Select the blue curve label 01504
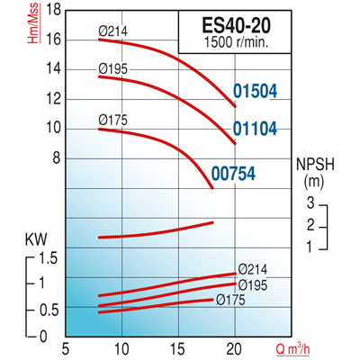pos(256,90)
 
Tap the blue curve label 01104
pos(256,130)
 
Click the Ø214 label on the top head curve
pos(113,32)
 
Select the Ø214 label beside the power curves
pos(255,269)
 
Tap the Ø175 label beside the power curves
pos(231,300)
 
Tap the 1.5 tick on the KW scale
pos(49,259)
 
